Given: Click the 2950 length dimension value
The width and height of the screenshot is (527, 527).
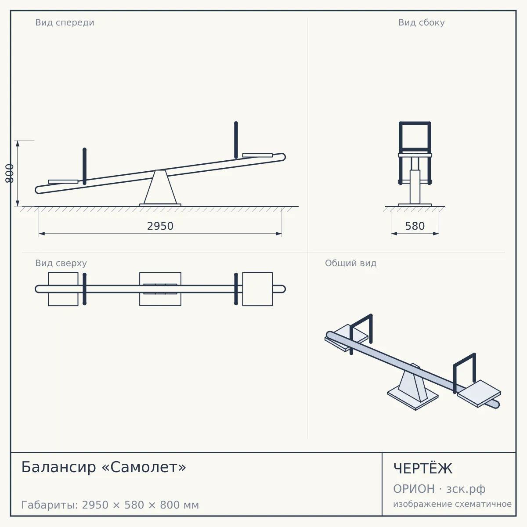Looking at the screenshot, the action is [160, 226].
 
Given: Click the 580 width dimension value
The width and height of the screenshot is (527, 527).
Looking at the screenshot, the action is [415, 226].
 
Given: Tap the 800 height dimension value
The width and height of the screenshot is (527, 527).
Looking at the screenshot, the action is [10, 173].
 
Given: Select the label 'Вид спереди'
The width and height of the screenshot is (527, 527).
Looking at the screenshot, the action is [65, 22].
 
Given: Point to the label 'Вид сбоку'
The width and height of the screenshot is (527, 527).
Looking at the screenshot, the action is [422, 22].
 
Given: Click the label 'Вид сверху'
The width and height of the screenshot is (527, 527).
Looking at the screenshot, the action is [61, 263].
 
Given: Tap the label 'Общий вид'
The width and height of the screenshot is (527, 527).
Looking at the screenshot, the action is [350, 263].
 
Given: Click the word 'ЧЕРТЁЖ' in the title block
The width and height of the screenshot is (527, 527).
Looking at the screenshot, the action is [423, 469].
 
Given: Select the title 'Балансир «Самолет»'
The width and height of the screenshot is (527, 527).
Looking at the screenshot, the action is [104, 467].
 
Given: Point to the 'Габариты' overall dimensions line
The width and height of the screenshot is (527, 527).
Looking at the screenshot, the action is [110, 505].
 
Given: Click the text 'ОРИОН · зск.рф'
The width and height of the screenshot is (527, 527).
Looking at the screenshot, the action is [439, 489].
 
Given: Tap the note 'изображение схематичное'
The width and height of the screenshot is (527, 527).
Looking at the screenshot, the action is [452, 504].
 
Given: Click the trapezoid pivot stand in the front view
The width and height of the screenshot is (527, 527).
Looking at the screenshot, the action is [160, 188].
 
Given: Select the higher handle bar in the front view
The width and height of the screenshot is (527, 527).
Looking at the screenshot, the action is [236, 140].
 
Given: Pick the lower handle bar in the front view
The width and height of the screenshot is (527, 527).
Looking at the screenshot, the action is [84, 166].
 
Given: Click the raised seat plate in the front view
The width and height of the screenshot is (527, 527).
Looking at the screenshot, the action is [257, 155].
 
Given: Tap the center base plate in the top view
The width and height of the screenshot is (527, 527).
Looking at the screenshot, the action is [160, 289].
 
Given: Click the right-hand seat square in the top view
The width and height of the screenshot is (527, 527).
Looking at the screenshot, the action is [257, 289].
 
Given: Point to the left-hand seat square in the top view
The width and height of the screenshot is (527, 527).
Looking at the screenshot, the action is [63, 289].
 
